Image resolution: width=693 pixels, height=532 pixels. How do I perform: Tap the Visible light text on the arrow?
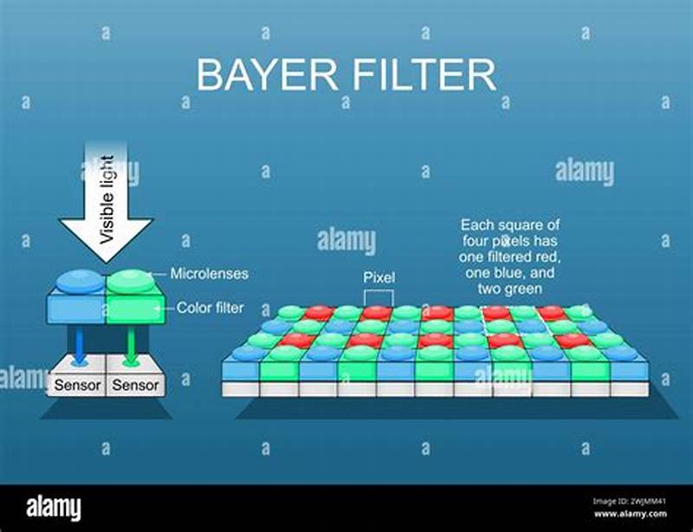click(x=107, y=198)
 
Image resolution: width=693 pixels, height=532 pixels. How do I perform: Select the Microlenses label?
click(x=209, y=273)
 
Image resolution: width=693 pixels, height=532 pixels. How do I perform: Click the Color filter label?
click(x=210, y=307)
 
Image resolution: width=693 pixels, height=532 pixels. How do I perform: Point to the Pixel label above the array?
click(x=379, y=278)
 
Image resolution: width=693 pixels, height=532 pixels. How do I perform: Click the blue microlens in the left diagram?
click(x=79, y=281)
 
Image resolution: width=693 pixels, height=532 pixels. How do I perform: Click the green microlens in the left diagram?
click(x=131, y=281)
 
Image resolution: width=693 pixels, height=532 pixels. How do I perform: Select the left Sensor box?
click(x=79, y=384)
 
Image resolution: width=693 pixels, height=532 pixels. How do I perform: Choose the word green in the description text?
click(x=525, y=289)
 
